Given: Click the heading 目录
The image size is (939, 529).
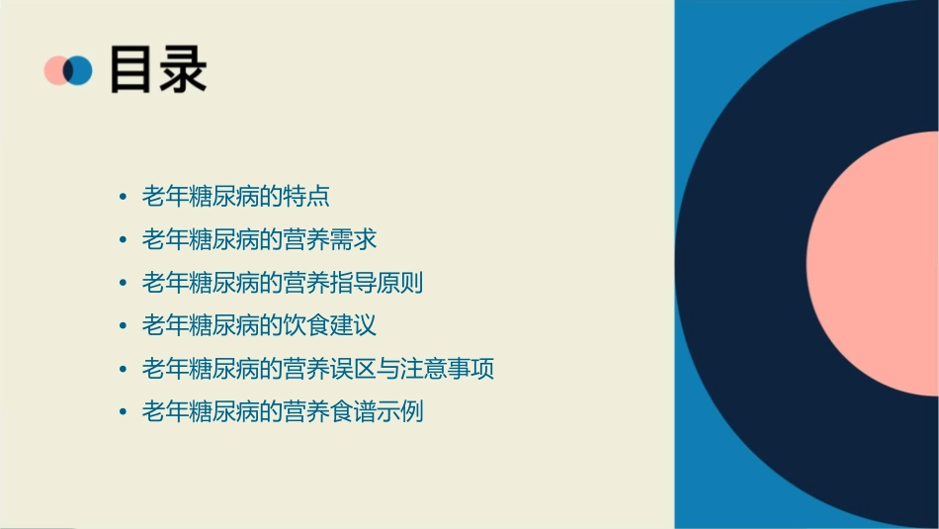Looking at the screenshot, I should click(158, 70).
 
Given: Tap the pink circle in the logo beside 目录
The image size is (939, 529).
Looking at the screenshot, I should click(55, 70).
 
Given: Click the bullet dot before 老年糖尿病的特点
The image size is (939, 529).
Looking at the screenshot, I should click(122, 197).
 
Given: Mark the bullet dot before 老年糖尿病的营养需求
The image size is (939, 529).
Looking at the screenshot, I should click(122, 240).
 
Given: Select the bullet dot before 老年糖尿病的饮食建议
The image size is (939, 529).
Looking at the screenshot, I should click(122, 326).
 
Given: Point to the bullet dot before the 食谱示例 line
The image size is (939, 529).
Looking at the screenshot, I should click(122, 412).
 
